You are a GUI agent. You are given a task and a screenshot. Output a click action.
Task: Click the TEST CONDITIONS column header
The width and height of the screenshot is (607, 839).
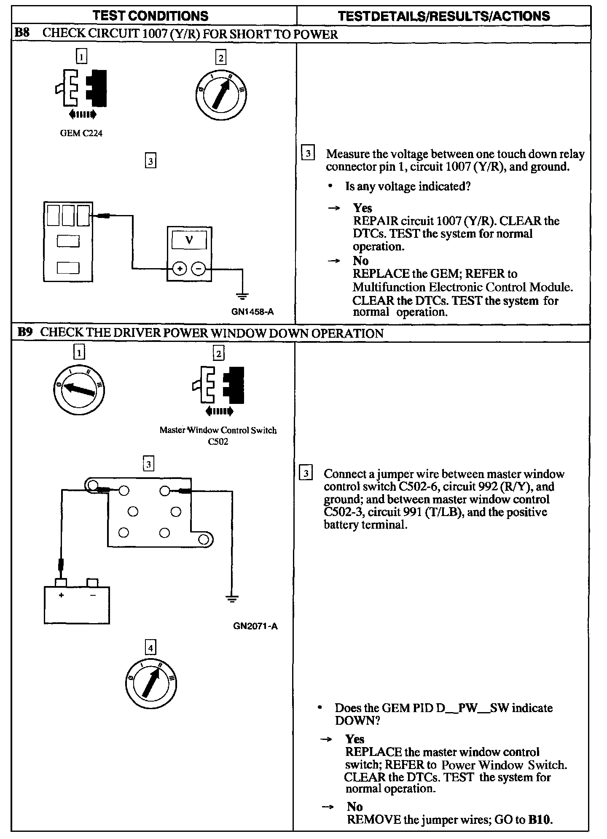150,16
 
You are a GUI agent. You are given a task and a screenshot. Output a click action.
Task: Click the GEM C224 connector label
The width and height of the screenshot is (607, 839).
81,133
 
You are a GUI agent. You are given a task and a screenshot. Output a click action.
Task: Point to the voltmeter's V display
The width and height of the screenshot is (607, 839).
189,240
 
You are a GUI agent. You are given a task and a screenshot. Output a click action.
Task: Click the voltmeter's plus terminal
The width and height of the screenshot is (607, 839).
180,269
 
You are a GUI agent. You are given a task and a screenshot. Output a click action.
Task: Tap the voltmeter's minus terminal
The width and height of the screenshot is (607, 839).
199,269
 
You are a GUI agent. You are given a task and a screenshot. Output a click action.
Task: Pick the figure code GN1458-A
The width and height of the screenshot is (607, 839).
252,312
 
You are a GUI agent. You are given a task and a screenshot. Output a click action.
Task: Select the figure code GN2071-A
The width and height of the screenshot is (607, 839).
255,626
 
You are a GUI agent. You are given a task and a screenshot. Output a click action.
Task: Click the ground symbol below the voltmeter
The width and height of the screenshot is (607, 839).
242,296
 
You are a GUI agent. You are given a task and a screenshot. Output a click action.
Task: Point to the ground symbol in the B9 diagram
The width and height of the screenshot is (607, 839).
231,599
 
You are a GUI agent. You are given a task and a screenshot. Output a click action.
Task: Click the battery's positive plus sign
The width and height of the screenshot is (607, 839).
62,595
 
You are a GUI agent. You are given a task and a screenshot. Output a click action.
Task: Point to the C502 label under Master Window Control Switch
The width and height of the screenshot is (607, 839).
218,442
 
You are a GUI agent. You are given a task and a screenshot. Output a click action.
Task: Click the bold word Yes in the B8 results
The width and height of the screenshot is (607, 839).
363,208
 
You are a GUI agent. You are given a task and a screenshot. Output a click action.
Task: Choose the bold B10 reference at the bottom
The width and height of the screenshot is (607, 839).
539,819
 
